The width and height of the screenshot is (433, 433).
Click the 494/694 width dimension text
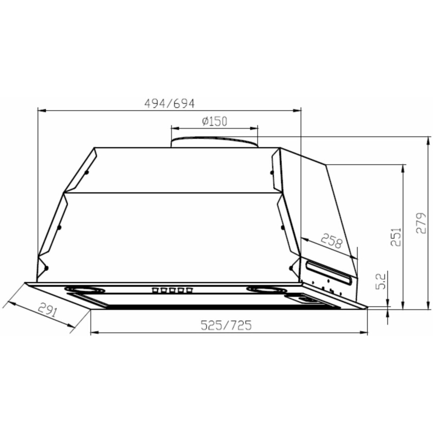tap(169, 104)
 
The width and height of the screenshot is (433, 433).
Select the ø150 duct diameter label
tap(215, 122)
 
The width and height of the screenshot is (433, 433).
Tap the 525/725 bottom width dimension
tap(226, 325)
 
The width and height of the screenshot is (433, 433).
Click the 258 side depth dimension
tap(331, 241)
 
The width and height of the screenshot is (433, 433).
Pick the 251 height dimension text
tap(395, 237)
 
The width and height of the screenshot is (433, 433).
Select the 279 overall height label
tap(421, 223)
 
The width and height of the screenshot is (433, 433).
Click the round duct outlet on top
tap(214, 142)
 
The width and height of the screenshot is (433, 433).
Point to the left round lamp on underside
tap(85, 289)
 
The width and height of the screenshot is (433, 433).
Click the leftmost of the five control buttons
tap(155, 289)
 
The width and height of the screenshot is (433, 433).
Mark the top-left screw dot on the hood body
tap(87, 172)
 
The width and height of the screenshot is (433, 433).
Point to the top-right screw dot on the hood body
tap(272, 173)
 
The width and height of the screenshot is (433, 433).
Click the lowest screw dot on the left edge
tap(46, 268)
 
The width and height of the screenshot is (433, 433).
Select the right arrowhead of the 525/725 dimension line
tap(365, 332)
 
